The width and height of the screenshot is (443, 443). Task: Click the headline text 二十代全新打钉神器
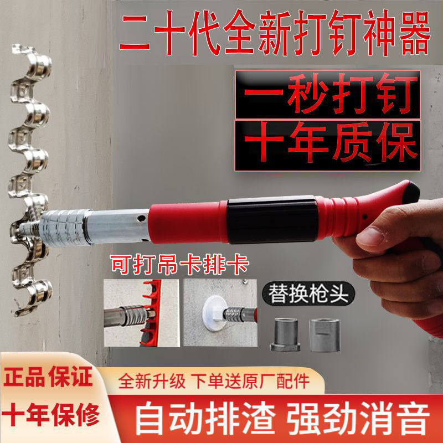pos(275,33)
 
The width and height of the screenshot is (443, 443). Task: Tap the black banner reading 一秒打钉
pos(328,95)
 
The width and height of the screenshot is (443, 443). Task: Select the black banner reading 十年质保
pos(328,145)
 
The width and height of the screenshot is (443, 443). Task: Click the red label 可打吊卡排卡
pos(179,265)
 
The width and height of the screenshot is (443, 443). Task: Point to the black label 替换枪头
pos(308,294)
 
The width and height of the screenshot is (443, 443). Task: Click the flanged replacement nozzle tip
pos(285,334)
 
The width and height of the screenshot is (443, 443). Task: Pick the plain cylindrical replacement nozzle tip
pos(324,335)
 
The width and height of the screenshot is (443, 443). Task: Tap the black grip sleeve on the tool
pos(271,220)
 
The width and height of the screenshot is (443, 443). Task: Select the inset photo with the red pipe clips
pos(142,313)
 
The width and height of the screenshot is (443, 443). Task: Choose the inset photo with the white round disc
pos(220,313)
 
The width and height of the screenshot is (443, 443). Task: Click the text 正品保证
pos(48,377)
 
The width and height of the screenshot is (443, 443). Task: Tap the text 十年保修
pos(51,414)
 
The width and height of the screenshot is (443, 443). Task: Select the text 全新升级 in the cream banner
pos(152,381)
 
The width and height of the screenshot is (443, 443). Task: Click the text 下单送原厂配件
pos(250,381)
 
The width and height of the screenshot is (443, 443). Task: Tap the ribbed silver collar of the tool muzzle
pos(65,228)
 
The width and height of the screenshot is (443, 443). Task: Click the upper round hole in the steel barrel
pos(141,218)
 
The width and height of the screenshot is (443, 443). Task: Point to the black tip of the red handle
pos(411,192)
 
